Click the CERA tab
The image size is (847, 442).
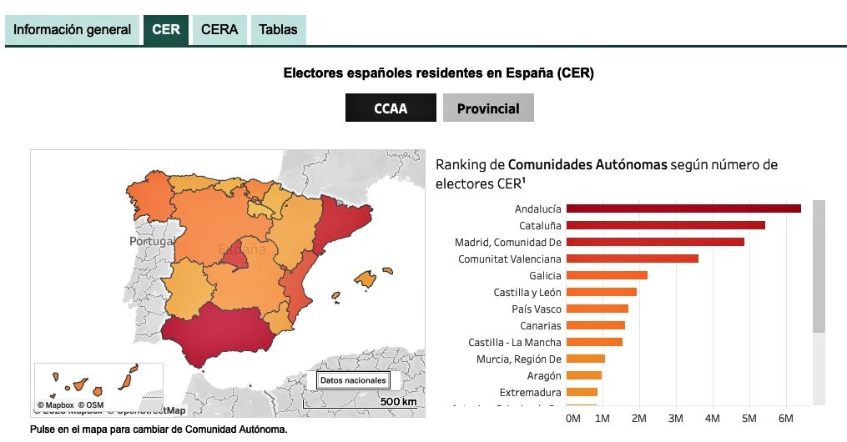pyautogui.click(x=219, y=30)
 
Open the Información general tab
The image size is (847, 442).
pyautogui.click(x=73, y=30)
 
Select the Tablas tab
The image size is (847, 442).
pyautogui.click(x=278, y=30)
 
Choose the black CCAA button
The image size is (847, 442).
pyautogui.click(x=391, y=108)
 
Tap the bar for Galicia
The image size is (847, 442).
pyautogui.click(x=607, y=275)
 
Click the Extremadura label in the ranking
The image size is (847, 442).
pyautogui.click(x=530, y=392)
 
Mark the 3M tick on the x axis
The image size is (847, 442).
pyautogui.click(x=676, y=417)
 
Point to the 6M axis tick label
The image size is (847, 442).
pyautogui.click(x=785, y=417)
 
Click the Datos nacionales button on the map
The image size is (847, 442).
pyautogui.click(x=353, y=380)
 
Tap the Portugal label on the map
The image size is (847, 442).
pyautogui.click(x=151, y=241)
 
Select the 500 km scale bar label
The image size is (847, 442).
pyautogui.click(x=398, y=402)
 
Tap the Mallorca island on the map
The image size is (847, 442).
pyautogui.click(x=365, y=278)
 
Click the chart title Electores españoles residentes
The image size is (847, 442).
pyautogui.click(x=438, y=73)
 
